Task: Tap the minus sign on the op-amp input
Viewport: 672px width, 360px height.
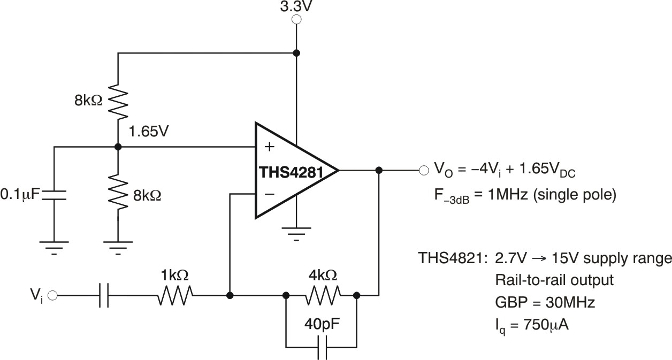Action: pos(269,194)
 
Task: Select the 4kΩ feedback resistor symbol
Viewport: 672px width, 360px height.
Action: pos(323,295)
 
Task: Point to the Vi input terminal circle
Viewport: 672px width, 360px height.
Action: pos(52,295)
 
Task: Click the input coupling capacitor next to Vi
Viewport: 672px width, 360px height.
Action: pos(104,295)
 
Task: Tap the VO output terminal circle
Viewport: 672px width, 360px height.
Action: pos(424,171)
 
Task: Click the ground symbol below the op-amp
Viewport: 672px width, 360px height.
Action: pos(296,234)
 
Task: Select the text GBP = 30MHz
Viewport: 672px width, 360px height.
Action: pos(545,302)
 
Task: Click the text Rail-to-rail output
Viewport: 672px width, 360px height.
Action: pos(554,280)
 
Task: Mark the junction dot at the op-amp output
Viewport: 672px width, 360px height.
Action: pos(379,171)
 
